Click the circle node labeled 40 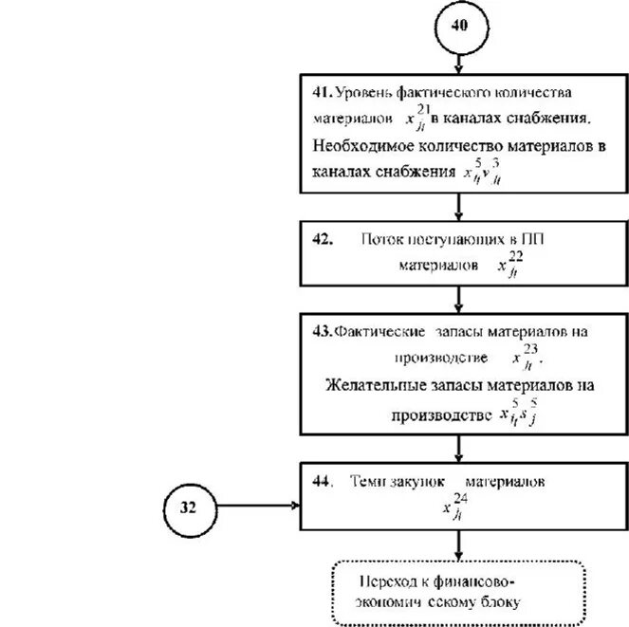click(x=458, y=28)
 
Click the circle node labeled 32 click(x=188, y=507)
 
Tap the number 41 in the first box click(x=320, y=92)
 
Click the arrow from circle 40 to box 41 click(x=459, y=64)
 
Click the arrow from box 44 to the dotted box click(x=459, y=544)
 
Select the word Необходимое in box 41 click(x=365, y=147)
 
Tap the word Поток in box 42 click(x=381, y=240)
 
